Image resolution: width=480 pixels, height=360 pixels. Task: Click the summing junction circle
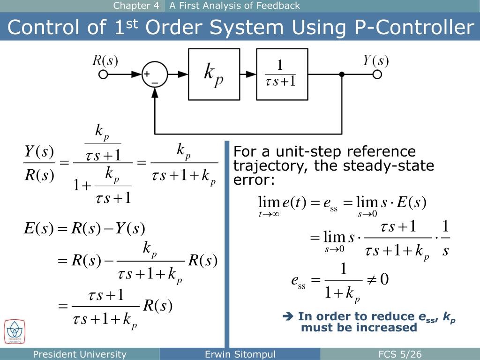(155, 74)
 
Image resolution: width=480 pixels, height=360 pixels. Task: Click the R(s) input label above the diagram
(105, 61)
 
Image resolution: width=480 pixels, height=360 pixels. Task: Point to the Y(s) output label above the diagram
(375, 61)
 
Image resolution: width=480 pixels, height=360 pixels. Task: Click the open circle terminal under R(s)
(104, 75)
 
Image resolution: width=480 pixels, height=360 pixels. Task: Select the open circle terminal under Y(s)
(377, 75)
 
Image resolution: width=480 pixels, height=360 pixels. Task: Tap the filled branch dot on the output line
(342, 75)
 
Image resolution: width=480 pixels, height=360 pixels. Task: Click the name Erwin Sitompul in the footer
(240, 354)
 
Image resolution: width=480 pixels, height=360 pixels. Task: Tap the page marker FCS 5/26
(400, 354)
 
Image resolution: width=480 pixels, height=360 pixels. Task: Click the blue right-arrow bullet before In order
(288, 317)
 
